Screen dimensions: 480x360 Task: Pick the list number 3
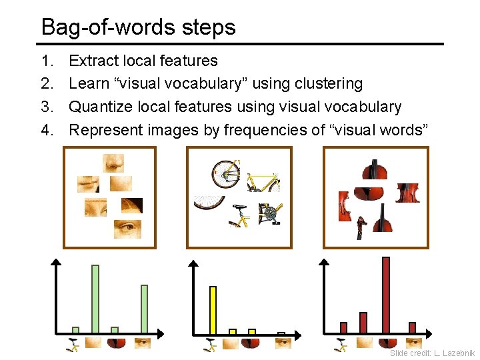tap(46, 107)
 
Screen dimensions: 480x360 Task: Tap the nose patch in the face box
tap(113, 163)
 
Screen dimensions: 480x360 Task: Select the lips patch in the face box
tap(89, 183)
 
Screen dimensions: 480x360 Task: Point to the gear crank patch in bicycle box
tap(269, 215)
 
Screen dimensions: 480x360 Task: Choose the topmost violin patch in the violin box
tap(374, 169)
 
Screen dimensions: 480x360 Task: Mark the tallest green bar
tap(95, 299)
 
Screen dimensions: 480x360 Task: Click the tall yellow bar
tap(213, 309)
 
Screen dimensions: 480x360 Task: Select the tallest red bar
tap(385, 294)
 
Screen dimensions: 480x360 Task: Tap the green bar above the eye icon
tap(144, 309)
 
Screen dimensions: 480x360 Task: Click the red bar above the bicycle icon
tap(344, 327)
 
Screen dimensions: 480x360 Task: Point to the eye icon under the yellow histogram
tap(283, 343)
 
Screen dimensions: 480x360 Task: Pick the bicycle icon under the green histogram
tap(74, 344)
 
